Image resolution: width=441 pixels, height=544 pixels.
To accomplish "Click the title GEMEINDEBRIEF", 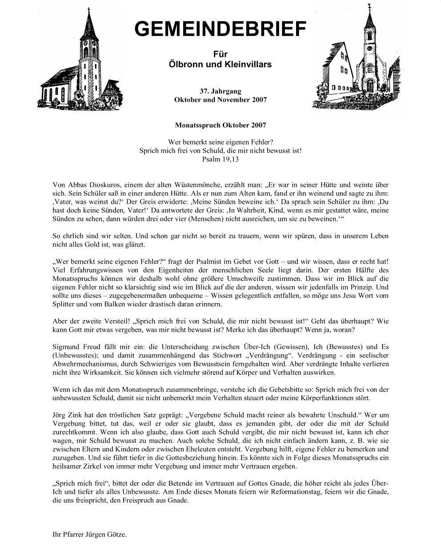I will coord(220,28).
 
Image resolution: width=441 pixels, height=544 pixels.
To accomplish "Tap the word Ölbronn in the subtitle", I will coord(183,65).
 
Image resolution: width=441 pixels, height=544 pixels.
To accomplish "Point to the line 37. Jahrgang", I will coord(220,91).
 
